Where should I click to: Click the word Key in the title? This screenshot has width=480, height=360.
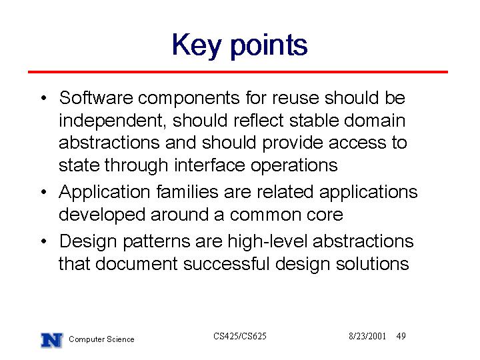pos(196,46)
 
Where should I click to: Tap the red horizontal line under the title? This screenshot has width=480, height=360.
pos(238,72)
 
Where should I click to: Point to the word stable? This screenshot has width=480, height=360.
pos(314,120)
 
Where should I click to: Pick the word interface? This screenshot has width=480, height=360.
pos(210,165)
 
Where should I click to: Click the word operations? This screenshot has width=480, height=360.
pos(294,165)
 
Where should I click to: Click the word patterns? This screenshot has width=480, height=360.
pos(157,241)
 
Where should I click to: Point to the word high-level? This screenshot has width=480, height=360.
pos(267,241)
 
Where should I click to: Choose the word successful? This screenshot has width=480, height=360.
pos(226,263)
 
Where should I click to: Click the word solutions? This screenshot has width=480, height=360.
pos(372,263)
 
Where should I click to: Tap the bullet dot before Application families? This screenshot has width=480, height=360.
pos(44,192)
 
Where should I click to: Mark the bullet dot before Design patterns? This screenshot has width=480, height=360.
pos(44,241)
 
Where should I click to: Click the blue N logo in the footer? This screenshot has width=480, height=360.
pos(52,340)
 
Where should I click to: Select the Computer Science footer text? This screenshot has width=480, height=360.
pos(101,339)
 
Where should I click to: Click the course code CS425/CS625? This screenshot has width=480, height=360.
pos(240,336)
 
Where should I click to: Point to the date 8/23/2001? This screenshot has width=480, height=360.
pos(367,336)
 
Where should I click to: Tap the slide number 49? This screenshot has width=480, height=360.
pos(401,336)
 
